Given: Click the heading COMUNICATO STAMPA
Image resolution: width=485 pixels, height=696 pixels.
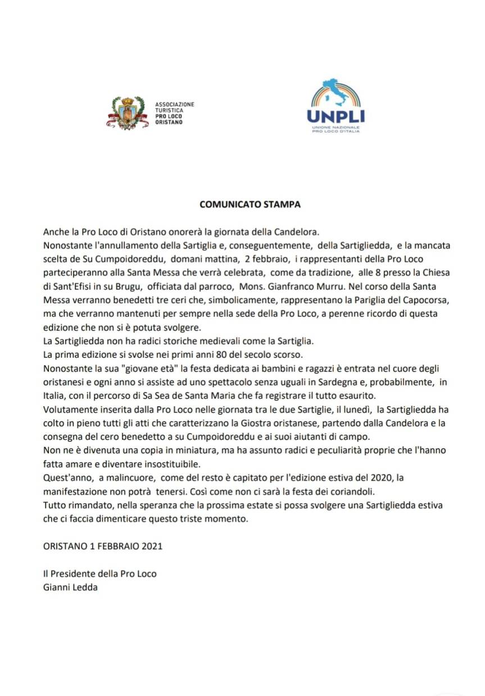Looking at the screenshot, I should (x=250, y=204).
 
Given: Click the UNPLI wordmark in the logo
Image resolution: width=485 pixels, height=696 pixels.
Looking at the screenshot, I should (x=336, y=116).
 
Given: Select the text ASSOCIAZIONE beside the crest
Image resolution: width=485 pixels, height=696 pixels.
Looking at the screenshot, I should (x=175, y=105).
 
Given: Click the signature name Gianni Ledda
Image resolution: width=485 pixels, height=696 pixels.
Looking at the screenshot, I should (x=66, y=587).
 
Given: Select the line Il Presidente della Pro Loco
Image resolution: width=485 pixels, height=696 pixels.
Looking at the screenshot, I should (x=99, y=574).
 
